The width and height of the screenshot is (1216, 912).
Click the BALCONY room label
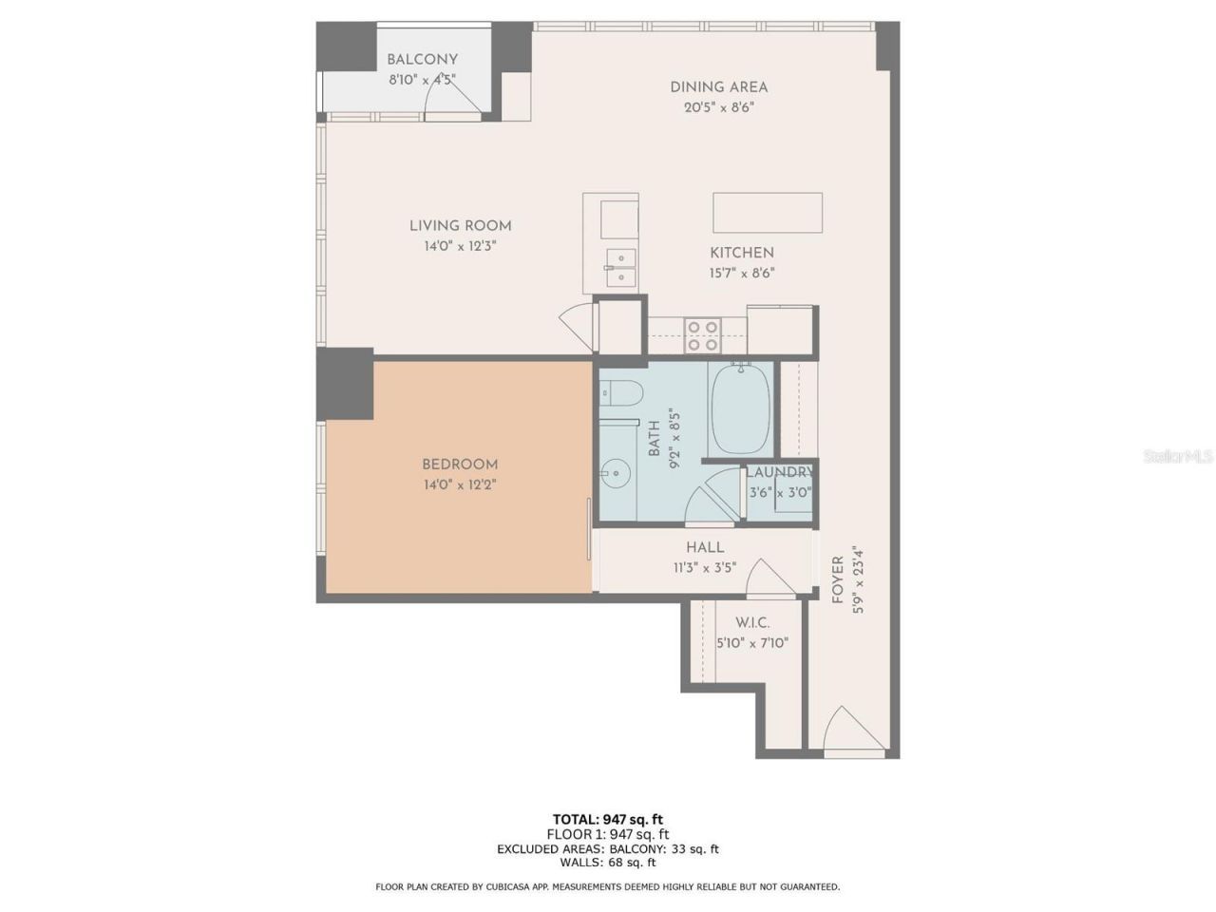422,60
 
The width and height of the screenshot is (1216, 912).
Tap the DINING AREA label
718,87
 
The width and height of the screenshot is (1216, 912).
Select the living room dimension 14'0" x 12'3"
461,246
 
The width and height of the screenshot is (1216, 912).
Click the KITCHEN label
742,253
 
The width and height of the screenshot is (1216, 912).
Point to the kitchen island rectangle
768,212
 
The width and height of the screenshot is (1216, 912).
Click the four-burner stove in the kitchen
704,335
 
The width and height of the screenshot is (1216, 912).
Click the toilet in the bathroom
622,392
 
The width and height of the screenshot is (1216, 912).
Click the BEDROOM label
460,465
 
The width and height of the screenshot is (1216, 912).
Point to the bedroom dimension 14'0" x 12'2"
460,484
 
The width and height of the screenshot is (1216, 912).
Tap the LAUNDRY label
779,472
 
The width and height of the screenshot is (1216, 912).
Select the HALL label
705,547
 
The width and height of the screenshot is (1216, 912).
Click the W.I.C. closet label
752,623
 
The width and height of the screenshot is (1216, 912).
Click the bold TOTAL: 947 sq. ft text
607,819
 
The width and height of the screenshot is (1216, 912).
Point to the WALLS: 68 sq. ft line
607,863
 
